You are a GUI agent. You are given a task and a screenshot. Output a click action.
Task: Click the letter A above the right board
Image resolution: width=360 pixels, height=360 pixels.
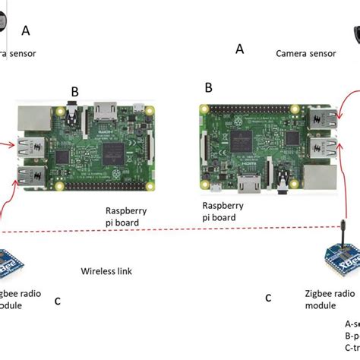pyautogui.click(x=240, y=49)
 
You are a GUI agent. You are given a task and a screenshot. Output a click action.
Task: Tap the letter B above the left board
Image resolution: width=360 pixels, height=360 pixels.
pyautogui.click(x=74, y=92)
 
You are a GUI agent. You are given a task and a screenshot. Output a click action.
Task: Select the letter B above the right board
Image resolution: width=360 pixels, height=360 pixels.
pyautogui.click(x=208, y=88)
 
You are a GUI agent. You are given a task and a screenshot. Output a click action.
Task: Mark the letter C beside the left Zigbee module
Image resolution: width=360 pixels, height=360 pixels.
pyautogui.click(x=58, y=301)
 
